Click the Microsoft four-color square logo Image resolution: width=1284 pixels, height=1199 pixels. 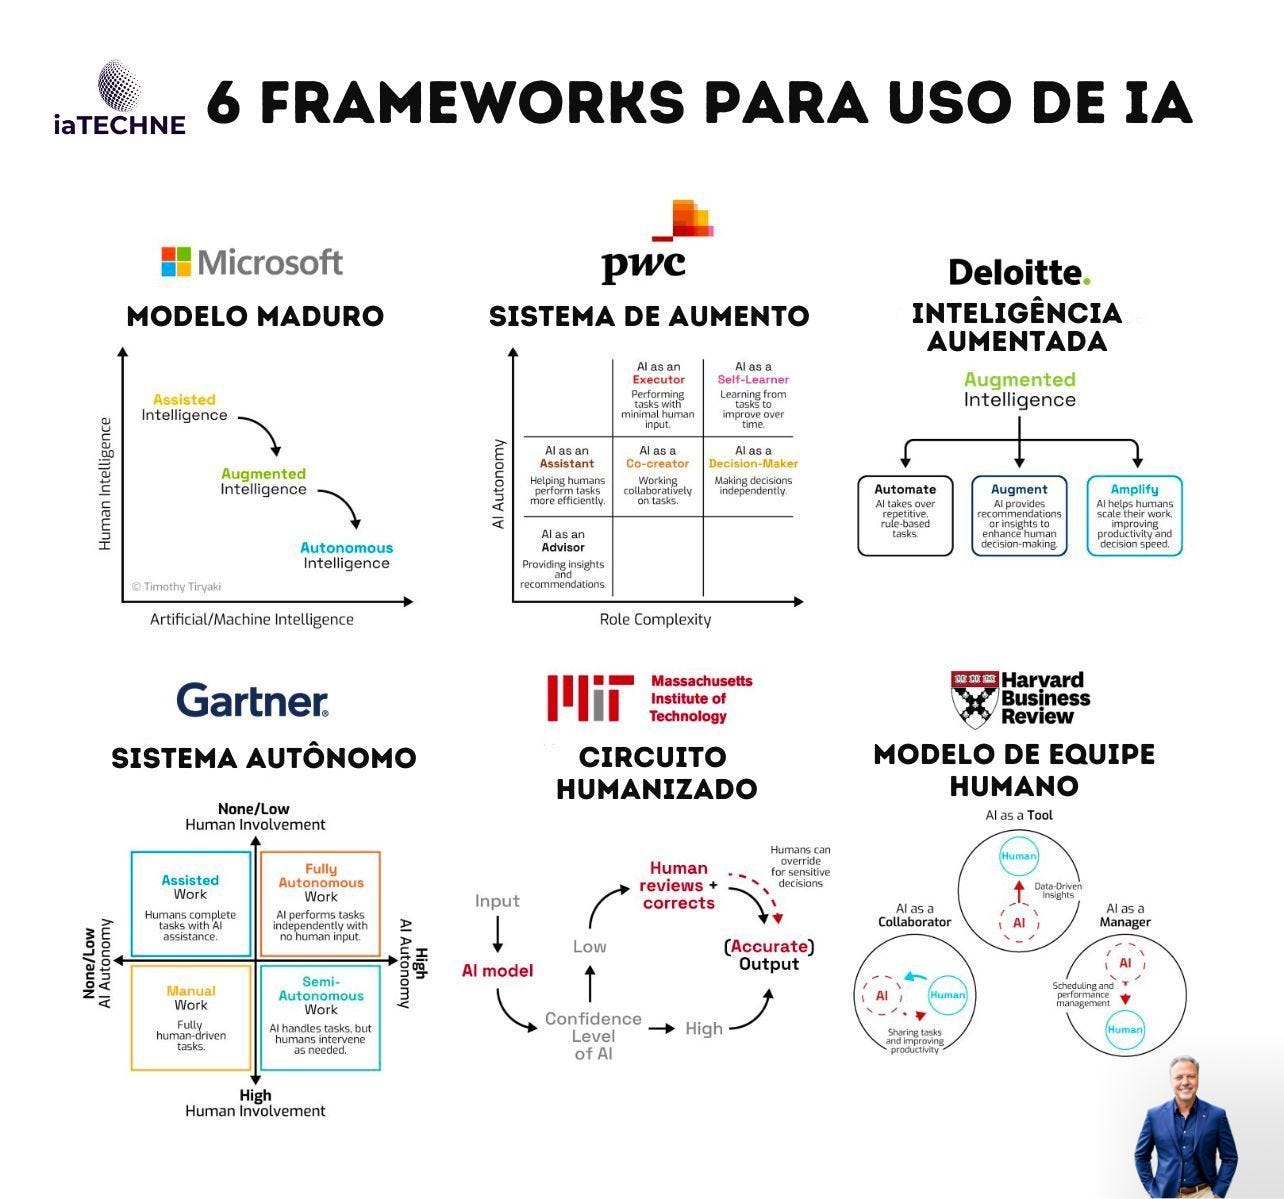pyautogui.click(x=176, y=262)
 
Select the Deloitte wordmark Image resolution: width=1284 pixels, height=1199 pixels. pyautogui.click(x=1018, y=272)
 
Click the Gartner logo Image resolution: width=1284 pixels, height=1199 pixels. pyautogui.click(x=252, y=700)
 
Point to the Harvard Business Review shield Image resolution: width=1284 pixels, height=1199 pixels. pyautogui.click(x=974, y=698)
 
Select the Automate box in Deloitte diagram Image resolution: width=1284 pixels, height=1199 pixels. pyautogui.click(x=905, y=515)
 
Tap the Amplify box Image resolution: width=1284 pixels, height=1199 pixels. pyautogui.click(x=1134, y=515)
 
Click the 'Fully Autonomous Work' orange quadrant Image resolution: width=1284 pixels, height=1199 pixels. pyautogui.click(x=321, y=903)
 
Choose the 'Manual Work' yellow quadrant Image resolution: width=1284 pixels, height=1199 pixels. pyautogui.click(x=190, y=1016)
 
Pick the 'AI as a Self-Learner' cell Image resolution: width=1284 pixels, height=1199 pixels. pyautogui.click(x=753, y=394)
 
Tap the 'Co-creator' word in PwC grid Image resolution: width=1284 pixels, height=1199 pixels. pyautogui.click(x=657, y=464)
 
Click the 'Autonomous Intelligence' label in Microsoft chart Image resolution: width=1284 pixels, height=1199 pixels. pyautogui.click(x=347, y=555)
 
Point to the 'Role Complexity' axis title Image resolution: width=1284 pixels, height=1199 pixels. pyautogui.click(x=655, y=620)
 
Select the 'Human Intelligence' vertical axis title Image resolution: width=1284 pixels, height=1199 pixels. pyautogui.click(x=105, y=483)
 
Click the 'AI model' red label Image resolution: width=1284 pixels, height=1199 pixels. pyautogui.click(x=497, y=971)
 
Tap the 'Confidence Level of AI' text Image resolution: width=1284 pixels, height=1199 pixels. pyautogui.click(x=593, y=1035)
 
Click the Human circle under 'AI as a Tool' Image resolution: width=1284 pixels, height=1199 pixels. pyautogui.click(x=1019, y=856)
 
